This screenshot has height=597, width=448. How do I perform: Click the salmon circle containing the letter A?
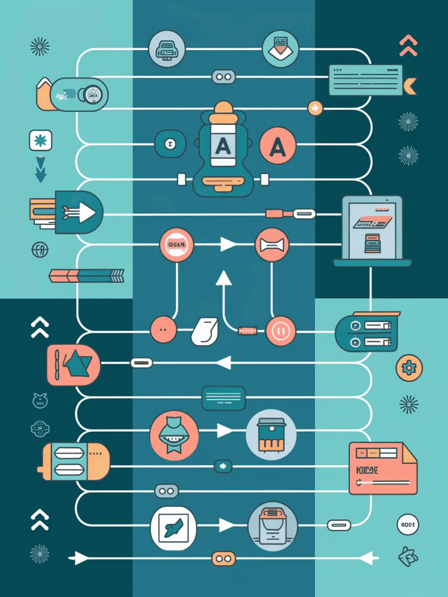pyautogui.click(x=278, y=145)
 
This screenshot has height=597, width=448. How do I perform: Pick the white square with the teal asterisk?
pyautogui.click(x=40, y=140)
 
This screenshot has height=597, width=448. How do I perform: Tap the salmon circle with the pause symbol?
pyautogui.click(x=281, y=331)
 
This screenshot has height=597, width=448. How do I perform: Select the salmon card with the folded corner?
pyautogui.click(x=382, y=468)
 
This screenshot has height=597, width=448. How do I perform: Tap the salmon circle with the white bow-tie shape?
pyautogui.click(x=271, y=244)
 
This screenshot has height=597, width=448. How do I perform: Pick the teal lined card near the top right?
pyautogui.click(x=365, y=80)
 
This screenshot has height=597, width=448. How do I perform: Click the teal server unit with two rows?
pyautogui.click(x=367, y=334)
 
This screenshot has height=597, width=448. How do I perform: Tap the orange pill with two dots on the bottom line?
pyautogui.click(x=223, y=559)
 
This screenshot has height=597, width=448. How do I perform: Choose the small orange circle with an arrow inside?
pyautogui.click(x=315, y=108)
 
